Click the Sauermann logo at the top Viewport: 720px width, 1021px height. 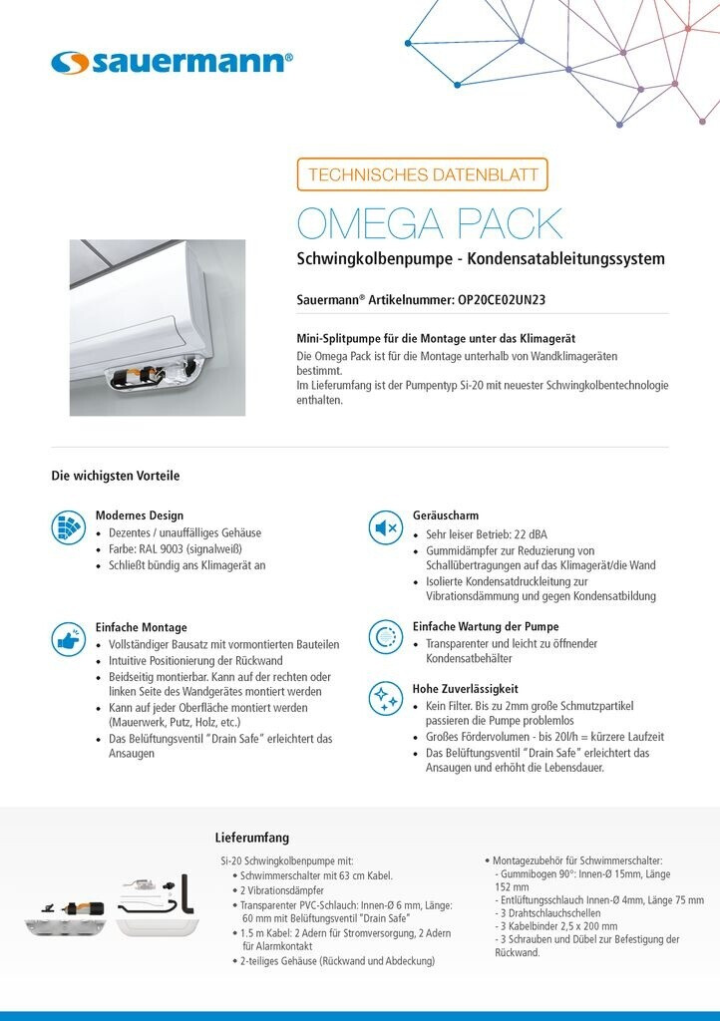click(x=172, y=63)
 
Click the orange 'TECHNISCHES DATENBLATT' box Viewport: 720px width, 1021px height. click(x=422, y=174)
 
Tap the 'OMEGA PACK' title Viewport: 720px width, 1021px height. click(x=430, y=223)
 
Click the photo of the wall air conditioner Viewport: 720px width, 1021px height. click(x=157, y=327)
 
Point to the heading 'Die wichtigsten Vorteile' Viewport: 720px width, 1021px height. click(x=116, y=476)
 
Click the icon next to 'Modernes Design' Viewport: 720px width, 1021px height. click(x=68, y=528)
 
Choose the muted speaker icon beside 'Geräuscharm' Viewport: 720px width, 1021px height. click(x=385, y=528)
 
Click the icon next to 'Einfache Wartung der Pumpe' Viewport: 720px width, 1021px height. click(x=385, y=636)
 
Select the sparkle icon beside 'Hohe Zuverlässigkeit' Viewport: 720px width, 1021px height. click(x=385, y=698)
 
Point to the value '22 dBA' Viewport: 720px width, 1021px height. click(x=537, y=534)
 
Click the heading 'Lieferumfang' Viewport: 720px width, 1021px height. click(x=253, y=837)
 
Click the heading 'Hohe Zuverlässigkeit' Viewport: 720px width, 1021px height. click(x=466, y=688)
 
